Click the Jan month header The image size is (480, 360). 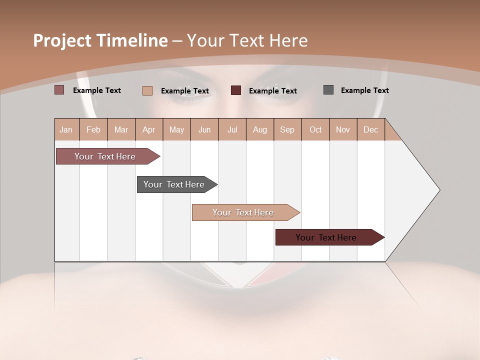(66, 129)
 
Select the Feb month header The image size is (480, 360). (93, 129)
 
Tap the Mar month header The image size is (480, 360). (121, 129)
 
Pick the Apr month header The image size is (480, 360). (149, 129)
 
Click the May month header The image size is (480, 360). (176, 129)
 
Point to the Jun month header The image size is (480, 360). (204, 129)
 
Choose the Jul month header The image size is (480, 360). (232, 129)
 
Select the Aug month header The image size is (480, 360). (260, 129)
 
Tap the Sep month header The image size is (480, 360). (287, 129)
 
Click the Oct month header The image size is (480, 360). (315, 129)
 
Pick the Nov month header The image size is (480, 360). (343, 129)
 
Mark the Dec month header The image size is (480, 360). (371, 129)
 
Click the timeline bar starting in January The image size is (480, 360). (105, 156)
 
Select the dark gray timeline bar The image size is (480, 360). (174, 184)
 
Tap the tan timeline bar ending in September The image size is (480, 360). (243, 212)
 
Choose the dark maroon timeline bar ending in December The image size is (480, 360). (326, 237)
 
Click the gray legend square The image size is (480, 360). (328, 90)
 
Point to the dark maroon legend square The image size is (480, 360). (236, 90)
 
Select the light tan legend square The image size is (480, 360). (147, 90)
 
